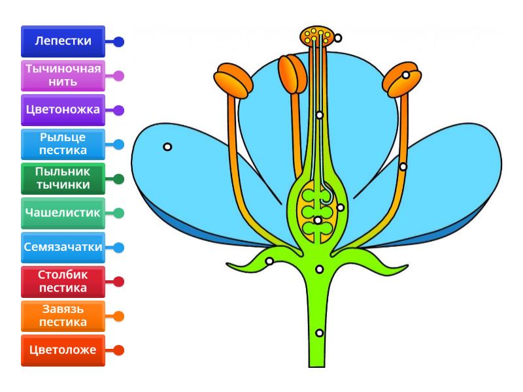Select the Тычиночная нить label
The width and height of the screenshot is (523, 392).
63,76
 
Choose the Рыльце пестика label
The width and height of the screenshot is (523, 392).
63,144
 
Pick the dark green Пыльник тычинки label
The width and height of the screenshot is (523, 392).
63,178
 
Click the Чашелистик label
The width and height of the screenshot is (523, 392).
63,213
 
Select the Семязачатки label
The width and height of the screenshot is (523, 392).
63,248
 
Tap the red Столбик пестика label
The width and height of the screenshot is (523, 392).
63,282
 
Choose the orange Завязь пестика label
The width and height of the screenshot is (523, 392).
63,316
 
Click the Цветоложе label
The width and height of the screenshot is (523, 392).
63,350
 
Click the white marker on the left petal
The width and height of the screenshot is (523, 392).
168,147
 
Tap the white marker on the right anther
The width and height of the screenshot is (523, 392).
406,75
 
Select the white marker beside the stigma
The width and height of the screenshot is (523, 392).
337,38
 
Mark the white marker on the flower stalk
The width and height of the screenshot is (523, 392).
319,333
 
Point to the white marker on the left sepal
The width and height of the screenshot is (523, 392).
269,261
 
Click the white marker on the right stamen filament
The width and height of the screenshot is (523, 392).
403,167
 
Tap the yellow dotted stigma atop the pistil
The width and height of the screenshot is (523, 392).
318,36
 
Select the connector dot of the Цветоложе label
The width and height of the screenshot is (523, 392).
119,350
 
